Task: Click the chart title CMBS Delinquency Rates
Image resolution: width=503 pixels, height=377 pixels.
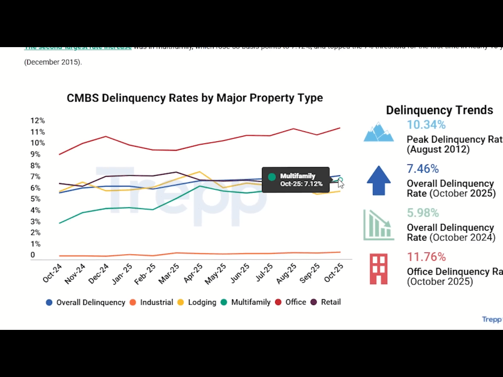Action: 195,98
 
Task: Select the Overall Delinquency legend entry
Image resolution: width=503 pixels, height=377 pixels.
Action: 85,302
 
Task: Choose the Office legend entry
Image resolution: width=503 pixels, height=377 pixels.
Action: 291,302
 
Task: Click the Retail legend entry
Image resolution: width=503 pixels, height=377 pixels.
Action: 326,302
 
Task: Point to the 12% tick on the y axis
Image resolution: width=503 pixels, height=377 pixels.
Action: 37,121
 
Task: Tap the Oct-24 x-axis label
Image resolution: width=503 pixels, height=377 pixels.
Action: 53,273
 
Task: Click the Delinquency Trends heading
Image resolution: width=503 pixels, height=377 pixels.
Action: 439,110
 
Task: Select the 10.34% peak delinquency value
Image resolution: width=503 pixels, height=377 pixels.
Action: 426,125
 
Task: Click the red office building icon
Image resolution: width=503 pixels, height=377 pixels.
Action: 379,269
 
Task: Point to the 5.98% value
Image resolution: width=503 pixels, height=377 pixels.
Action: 423,213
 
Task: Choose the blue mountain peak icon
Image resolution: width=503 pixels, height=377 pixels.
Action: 379,132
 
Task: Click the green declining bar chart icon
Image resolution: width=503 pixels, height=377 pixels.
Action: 379,225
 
